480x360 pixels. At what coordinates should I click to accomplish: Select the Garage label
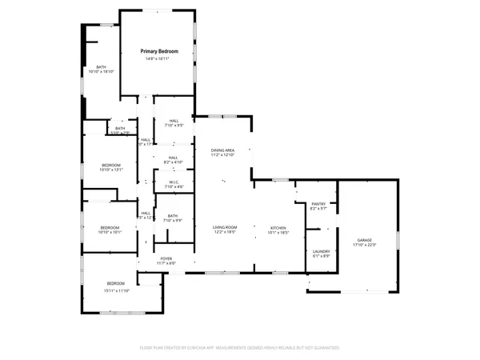364,239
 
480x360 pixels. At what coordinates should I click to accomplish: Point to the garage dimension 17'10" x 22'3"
364,245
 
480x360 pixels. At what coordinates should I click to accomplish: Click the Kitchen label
278,228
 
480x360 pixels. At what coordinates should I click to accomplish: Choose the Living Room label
224,228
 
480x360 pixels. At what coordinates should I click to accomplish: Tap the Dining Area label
222,150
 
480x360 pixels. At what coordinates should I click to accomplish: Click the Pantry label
318,205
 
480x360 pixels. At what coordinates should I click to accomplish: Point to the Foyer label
166,258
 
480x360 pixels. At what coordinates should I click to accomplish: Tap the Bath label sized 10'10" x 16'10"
102,66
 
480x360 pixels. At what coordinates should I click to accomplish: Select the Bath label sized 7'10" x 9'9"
173,215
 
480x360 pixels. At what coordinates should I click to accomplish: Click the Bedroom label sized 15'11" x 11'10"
116,284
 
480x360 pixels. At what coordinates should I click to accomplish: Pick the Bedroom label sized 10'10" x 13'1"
110,165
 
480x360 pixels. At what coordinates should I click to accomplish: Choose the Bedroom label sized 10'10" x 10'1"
110,227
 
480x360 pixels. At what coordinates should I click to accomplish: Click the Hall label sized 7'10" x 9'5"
173,121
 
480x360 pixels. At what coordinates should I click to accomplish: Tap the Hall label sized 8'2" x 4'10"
173,158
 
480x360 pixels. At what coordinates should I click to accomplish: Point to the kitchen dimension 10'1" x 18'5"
278,234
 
